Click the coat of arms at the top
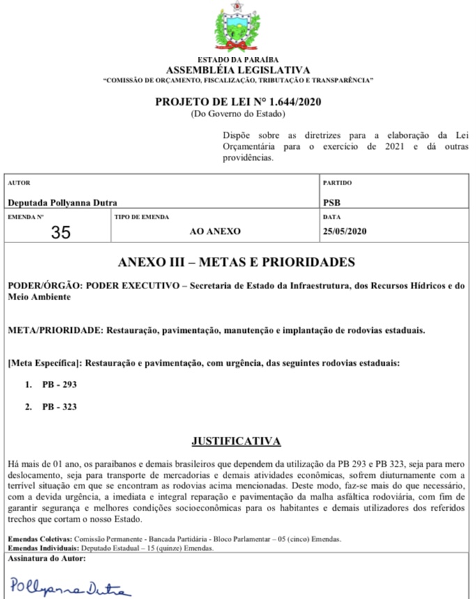tap(238, 28)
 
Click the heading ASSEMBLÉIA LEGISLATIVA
tap(238, 70)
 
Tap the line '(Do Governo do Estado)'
tap(238, 113)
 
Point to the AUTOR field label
tap(18, 182)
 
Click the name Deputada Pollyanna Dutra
tap(63, 203)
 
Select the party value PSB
tap(332, 203)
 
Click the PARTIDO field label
tap(338, 182)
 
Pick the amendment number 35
tap(61, 232)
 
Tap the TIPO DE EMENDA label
tap(141, 217)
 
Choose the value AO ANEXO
tap(215, 231)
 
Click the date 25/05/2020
tap(345, 231)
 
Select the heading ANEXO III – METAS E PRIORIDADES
tap(237, 263)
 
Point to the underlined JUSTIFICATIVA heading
tap(237, 441)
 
